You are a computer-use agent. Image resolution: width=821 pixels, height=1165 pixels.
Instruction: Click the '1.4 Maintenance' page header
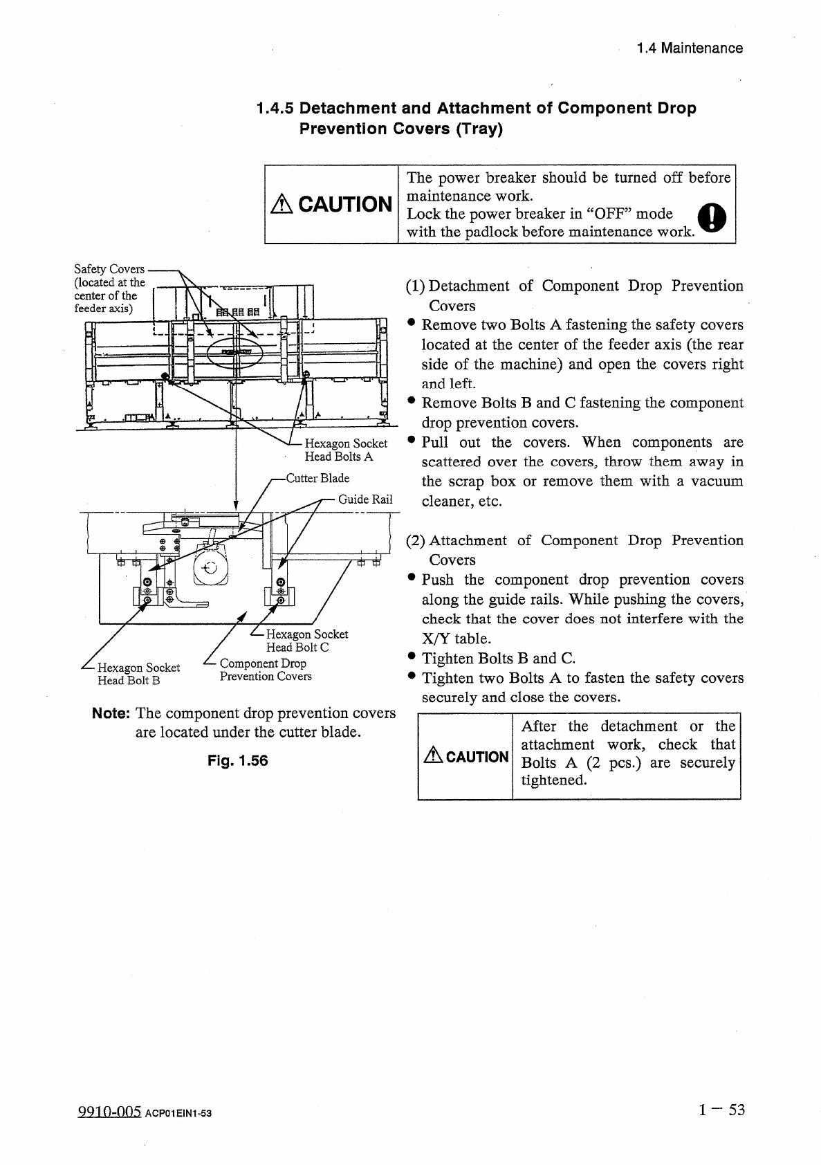pyautogui.click(x=690, y=48)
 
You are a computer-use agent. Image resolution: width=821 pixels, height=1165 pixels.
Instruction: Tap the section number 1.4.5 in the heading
pyautogui.click(x=275, y=109)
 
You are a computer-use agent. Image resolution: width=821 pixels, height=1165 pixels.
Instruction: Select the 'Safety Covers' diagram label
pyautogui.click(x=109, y=269)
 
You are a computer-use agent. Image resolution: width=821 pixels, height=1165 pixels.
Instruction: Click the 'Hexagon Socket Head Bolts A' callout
pyautogui.click(x=346, y=450)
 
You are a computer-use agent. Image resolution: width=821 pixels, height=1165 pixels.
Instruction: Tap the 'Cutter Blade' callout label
pyautogui.click(x=317, y=478)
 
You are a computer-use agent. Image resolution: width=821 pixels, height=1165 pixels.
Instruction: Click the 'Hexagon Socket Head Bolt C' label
pyautogui.click(x=306, y=641)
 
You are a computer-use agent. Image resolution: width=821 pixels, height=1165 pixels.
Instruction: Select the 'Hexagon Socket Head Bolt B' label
pyautogui.click(x=138, y=674)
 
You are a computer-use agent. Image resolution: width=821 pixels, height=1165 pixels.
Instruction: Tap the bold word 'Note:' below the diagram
pyautogui.click(x=111, y=713)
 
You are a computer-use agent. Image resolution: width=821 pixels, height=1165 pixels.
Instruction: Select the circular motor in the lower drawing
pyautogui.click(x=210, y=568)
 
